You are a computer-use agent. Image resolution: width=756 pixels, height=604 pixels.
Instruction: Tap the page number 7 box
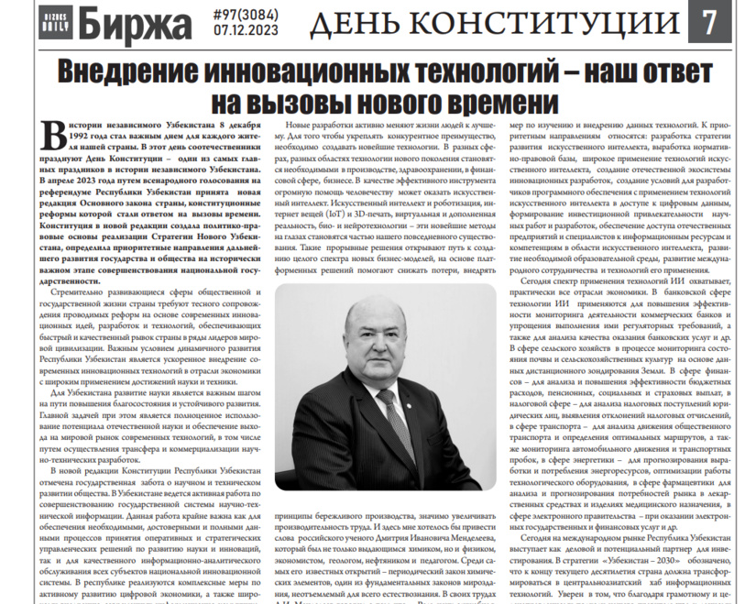coord(710,23)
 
